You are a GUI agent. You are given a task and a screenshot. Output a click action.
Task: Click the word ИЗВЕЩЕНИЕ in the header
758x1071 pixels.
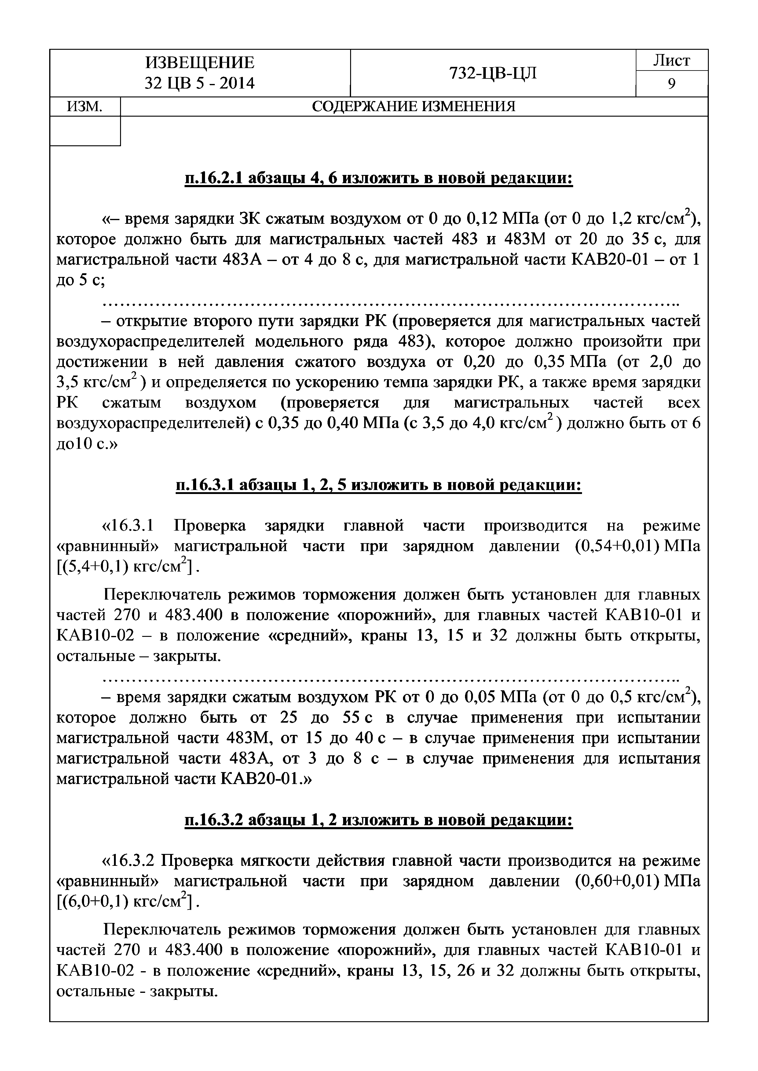pyautogui.click(x=200, y=63)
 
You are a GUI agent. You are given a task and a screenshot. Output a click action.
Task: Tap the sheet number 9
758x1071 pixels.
pyautogui.click(x=672, y=84)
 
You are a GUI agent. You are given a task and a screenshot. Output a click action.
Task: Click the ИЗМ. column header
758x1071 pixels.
pyautogui.click(x=85, y=107)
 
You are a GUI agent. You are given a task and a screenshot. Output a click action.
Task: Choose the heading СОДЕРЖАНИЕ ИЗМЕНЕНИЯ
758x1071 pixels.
pyautogui.click(x=414, y=107)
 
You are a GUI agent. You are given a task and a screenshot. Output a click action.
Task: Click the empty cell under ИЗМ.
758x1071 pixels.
pyautogui.click(x=85, y=131)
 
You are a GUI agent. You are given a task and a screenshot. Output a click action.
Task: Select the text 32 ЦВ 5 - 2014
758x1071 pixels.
pyautogui.click(x=200, y=83)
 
